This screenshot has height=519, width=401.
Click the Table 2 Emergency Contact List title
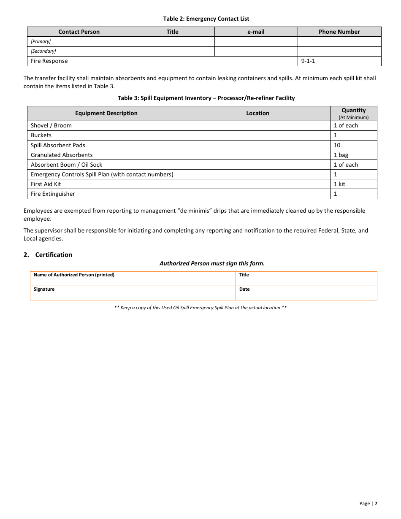click(x=206, y=19)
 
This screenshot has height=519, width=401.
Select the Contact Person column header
click(x=79, y=32)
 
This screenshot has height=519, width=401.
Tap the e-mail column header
click(x=256, y=32)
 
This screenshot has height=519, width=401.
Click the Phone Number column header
click(x=339, y=32)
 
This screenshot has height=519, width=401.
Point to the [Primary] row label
click(x=41, y=41)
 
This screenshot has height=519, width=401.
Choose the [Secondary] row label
click(x=43, y=51)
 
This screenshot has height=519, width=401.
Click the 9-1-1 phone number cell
click(x=308, y=61)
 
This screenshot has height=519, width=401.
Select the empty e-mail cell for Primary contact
click(x=256, y=41)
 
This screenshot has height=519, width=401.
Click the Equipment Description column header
click(x=106, y=113)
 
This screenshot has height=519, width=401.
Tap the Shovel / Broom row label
click(x=51, y=125)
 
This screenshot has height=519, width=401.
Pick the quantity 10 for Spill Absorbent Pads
click(x=337, y=145)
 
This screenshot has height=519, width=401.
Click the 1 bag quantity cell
click(x=341, y=155)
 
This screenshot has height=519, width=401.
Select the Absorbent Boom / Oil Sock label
click(x=66, y=165)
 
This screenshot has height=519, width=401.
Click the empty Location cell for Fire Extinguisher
click(x=257, y=194)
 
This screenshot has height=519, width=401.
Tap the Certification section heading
click(x=54, y=255)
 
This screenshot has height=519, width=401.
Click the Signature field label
click(x=44, y=289)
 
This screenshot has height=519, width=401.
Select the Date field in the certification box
click(x=306, y=293)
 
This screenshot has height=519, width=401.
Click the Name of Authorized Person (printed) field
click(x=133, y=278)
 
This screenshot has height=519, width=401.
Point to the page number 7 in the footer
click(x=376, y=503)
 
